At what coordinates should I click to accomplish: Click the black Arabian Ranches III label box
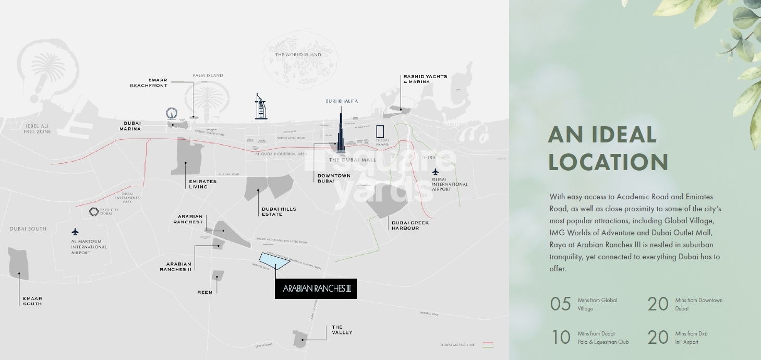pos(316,288)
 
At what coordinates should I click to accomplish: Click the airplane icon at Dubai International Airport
pos(436,172)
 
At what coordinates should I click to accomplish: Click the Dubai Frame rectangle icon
pos(381,131)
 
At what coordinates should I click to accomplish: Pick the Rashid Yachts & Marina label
pos(425,79)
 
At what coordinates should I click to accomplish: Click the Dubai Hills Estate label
pos(279,211)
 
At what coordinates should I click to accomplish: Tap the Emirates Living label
pos(202,184)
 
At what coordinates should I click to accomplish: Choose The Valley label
pos(342,330)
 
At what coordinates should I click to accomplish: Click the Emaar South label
pos(32,301)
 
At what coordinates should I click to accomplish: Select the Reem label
pos(205,292)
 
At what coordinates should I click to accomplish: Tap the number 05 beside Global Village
pos(561,304)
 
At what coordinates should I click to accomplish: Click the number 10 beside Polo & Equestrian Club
pos(561,338)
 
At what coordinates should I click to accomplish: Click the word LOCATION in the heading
pos(608,162)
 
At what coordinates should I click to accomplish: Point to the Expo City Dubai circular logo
pos(94,211)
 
